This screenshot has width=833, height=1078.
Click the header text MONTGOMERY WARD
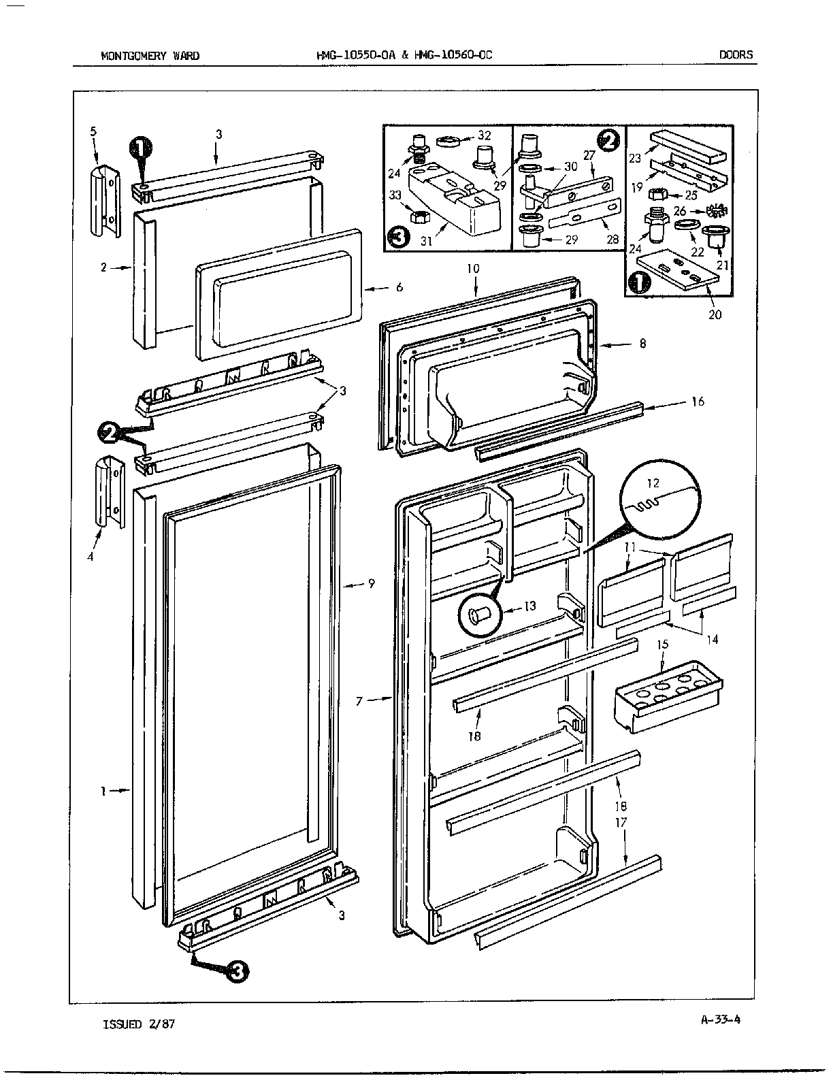[x=150, y=56]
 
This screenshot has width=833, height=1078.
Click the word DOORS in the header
[x=736, y=55]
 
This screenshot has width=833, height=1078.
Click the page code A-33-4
[x=720, y=1019]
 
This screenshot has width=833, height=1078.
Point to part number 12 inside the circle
[x=653, y=484]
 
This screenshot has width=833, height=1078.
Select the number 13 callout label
[x=529, y=606]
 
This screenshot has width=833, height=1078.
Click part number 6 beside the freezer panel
[x=399, y=287]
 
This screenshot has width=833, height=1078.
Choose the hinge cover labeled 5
[x=103, y=201]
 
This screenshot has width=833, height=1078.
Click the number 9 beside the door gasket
[x=371, y=584]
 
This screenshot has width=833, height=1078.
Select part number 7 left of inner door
[x=359, y=701]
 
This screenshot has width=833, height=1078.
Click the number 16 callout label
[x=698, y=402]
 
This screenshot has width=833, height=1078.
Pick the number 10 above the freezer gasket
[x=473, y=269]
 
